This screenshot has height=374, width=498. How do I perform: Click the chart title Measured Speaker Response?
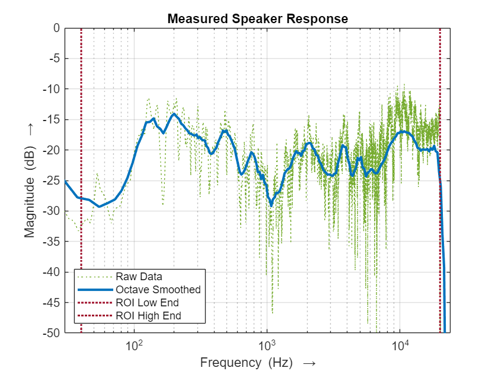click(x=257, y=18)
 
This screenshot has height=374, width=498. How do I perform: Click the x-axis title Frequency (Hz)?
click(x=257, y=362)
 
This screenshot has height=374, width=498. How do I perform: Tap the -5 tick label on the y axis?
click(x=55, y=58)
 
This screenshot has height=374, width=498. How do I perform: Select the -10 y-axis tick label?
click(x=52, y=89)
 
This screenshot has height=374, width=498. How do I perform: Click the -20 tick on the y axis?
click(x=52, y=150)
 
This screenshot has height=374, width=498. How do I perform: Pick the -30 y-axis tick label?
click(x=52, y=211)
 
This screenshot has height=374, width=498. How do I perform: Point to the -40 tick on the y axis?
click(x=52, y=272)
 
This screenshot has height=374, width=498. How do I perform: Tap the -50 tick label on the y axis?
click(x=52, y=332)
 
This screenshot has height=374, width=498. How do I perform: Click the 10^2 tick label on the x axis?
click(x=135, y=345)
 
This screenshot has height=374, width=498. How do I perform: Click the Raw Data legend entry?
click(x=139, y=277)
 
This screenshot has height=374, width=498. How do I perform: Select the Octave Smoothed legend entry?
click(x=158, y=290)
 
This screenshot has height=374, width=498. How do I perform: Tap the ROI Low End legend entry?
click(x=147, y=303)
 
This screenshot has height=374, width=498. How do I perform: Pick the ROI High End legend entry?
click(x=148, y=316)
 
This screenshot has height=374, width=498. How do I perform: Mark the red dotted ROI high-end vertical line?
click(x=440, y=71)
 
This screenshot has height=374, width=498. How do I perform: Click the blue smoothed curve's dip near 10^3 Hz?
click(x=272, y=205)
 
